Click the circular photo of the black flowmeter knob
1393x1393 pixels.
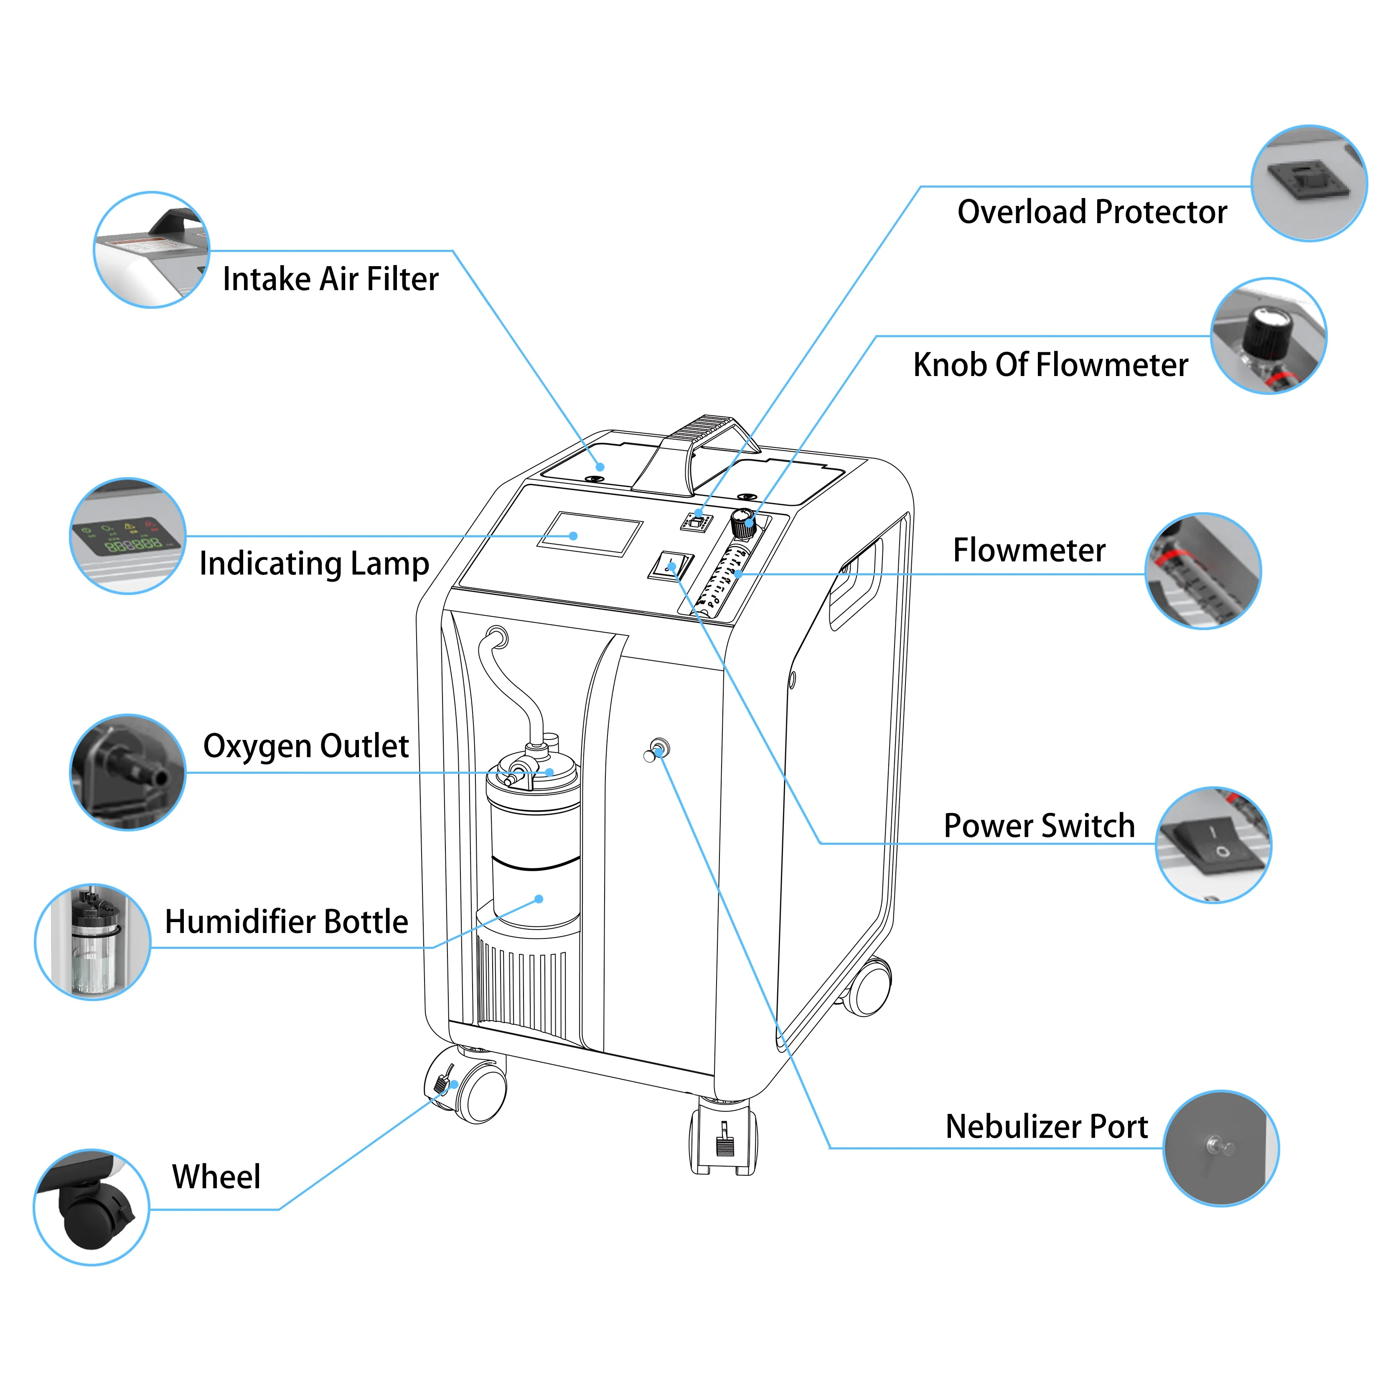click(1268, 336)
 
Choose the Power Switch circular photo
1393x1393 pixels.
click(1213, 845)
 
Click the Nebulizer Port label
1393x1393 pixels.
click(1046, 1127)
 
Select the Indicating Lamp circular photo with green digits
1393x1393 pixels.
click(127, 536)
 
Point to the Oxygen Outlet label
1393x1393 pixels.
click(306, 746)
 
